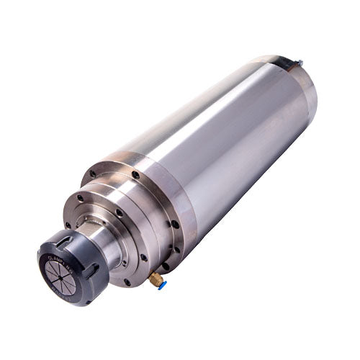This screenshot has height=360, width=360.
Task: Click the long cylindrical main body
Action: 223,144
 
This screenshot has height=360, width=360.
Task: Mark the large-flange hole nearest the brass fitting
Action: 165,266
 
